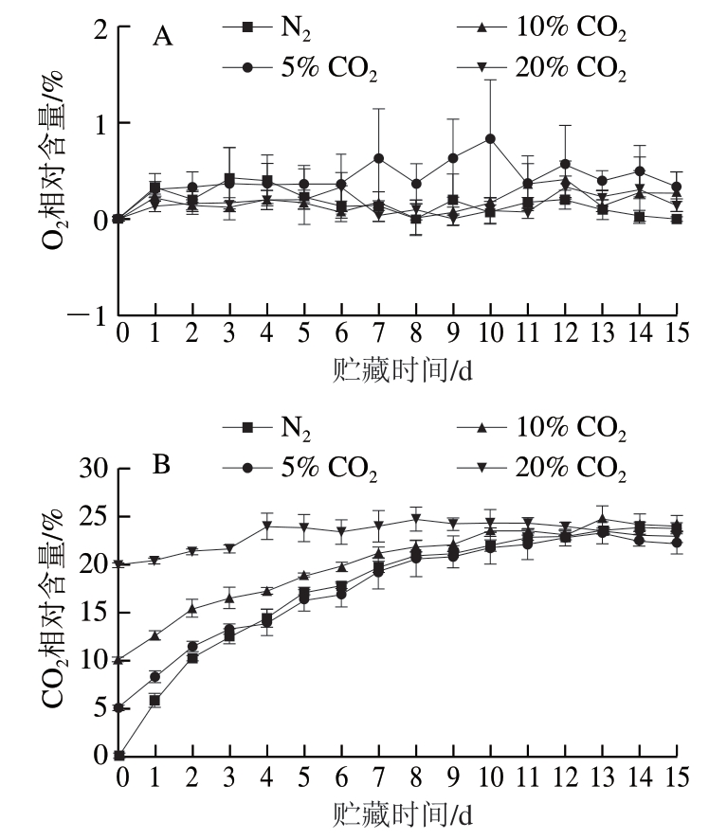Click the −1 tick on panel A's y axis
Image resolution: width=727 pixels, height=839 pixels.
pyautogui.click(x=94, y=315)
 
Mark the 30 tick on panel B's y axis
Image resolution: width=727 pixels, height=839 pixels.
pyautogui.click(x=94, y=469)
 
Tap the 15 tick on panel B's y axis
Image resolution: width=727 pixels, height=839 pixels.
pyautogui.click(x=94, y=612)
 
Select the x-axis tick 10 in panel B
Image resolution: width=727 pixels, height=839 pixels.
pyautogui.click(x=490, y=776)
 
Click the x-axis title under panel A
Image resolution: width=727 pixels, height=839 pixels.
pyautogui.click(x=402, y=368)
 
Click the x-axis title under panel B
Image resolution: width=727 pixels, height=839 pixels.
pyautogui.click(x=402, y=812)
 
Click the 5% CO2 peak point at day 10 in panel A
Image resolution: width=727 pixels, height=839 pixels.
pyautogui.click(x=490, y=138)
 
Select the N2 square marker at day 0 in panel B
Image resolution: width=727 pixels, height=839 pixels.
pyautogui.click(x=119, y=755)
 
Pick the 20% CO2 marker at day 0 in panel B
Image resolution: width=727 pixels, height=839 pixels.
pyautogui.click(x=119, y=564)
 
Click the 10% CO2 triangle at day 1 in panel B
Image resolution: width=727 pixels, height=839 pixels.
pyautogui.click(x=155, y=635)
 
